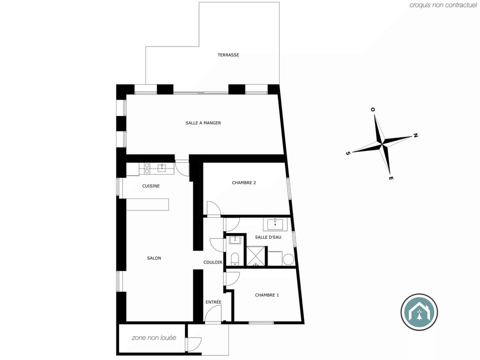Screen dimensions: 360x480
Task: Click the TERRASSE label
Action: click(228, 55)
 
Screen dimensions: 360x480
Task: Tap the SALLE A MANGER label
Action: click(203, 123)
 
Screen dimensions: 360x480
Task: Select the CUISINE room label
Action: click(151, 186)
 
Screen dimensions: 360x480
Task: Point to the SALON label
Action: click(154, 258)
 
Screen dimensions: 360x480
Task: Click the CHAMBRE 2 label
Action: click(244, 182)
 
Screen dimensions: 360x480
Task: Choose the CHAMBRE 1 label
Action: click(267, 295)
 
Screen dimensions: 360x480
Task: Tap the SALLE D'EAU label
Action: click(268, 237)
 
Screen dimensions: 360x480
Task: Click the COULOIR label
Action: click(213, 262)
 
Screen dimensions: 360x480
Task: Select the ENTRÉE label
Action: click(213, 302)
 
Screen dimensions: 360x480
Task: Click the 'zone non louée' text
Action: click(154, 338)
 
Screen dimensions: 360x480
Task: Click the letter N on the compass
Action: click(415, 135)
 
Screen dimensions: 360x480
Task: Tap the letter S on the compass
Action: click(347, 153)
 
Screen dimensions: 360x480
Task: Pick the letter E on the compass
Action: click(391, 178)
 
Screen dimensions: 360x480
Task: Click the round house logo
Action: click(419, 312)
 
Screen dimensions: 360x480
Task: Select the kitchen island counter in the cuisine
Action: click(147, 204)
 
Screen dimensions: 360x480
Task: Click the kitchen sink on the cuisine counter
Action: click(162, 168)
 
